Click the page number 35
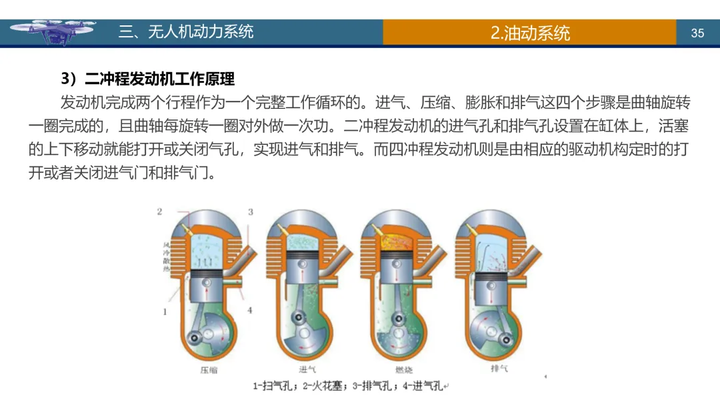(x=697, y=33)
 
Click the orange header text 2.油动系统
(x=530, y=33)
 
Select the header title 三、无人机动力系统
(x=186, y=31)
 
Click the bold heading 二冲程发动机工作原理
(x=159, y=79)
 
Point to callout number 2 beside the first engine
(x=160, y=212)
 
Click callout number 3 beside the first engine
(x=251, y=212)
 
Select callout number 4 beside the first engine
(x=251, y=311)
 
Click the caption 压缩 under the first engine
(x=209, y=369)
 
